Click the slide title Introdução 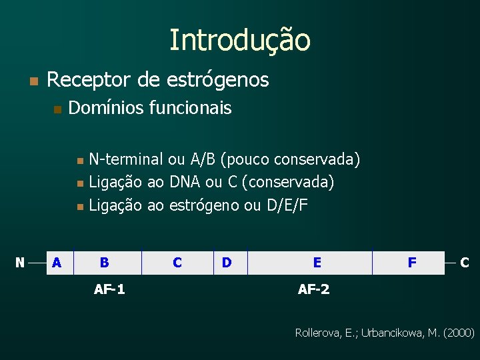click(x=239, y=40)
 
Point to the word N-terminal click(x=126, y=159)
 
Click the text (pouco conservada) click(x=290, y=159)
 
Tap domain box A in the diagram click(x=57, y=263)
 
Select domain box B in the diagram click(x=105, y=263)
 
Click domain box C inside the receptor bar click(x=177, y=263)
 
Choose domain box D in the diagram click(x=227, y=263)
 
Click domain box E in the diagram click(x=317, y=263)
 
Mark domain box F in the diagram click(x=412, y=263)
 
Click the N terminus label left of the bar click(x=20, y=263)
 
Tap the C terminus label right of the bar click(x=465, y=263)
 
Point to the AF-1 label click(x=109, y=289)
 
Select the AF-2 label click(x=313, y=289)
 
